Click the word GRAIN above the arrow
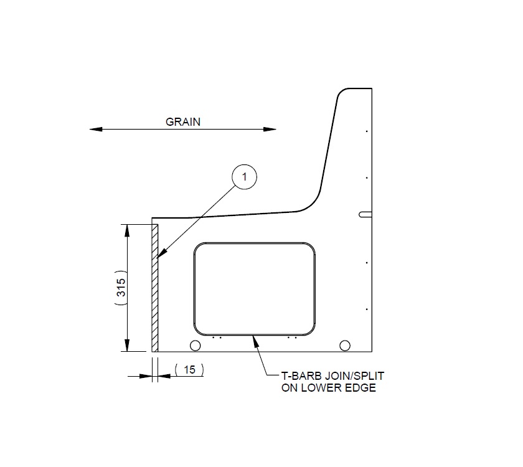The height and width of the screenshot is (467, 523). coord(183,122)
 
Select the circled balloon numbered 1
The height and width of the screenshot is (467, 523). coord(245,177)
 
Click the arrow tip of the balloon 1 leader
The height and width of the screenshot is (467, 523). coord(159,258)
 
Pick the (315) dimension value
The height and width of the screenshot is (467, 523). coord(121,287)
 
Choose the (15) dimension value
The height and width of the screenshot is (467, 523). coord(189,370)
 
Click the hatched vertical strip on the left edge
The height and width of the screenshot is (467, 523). coord(155,286)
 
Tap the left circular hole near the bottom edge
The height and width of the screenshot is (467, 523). coord(195,346)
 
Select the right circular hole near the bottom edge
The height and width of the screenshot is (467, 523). coord(344,346)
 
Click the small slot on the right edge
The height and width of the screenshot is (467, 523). coord(365,214)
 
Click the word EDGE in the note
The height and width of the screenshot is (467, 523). coord(361,388)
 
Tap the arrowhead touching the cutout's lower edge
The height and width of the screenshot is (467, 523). coord(253,337)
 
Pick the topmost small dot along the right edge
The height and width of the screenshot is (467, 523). coord(367,131)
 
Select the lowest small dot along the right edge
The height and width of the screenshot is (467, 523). coord(367,309)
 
